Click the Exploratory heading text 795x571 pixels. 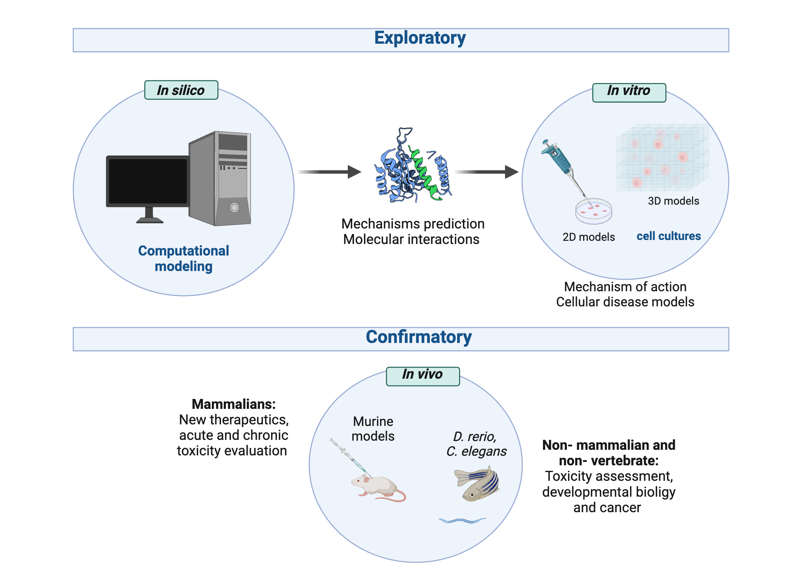pyautogui.click(x=420, y=39)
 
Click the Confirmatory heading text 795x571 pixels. pyautogui.click(x=419, y=337)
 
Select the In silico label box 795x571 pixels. pyautogui.click(x=181, y=90)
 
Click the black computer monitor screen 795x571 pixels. pyautogui.click(x=148, y=181)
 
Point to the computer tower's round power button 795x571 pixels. pyautogui.click(x=235, y=207)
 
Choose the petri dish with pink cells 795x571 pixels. pyautogui.click(x=593, y=210)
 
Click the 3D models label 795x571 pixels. pyautogui.click(x=673, y=201)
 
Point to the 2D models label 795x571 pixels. pyautogui.click(x=588, y=237)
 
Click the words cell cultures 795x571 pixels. pyautogui.click(x=669, y=236)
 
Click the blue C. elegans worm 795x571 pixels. pyautogui.click(x=462, y=520)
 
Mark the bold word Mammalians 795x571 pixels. pyautogui.click(x=233, y=405)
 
